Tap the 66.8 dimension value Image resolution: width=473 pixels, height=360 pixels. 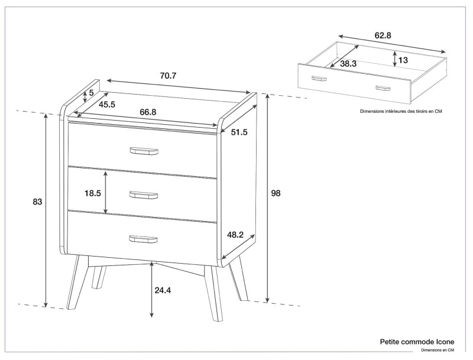point(148,112)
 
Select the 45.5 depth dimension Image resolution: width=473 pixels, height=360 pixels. point(107,105)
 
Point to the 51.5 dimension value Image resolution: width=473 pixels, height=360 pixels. point(239,132)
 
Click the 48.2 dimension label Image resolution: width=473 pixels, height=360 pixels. point(236,235)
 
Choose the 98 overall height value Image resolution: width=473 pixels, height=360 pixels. point(276,193)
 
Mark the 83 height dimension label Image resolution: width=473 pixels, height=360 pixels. point(37,202)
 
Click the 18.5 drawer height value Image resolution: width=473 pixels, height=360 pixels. point(93,193)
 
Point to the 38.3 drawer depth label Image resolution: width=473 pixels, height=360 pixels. point(348,63)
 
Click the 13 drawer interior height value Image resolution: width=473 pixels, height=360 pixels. point(403,60)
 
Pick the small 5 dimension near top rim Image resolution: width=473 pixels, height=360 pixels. point(92,93)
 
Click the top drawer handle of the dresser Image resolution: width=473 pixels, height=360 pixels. point(144,151)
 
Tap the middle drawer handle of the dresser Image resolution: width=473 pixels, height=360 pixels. point(144,194)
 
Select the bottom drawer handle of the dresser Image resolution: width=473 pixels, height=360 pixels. point(144,239)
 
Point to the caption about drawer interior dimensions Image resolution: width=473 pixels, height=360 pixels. point(401,111)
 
